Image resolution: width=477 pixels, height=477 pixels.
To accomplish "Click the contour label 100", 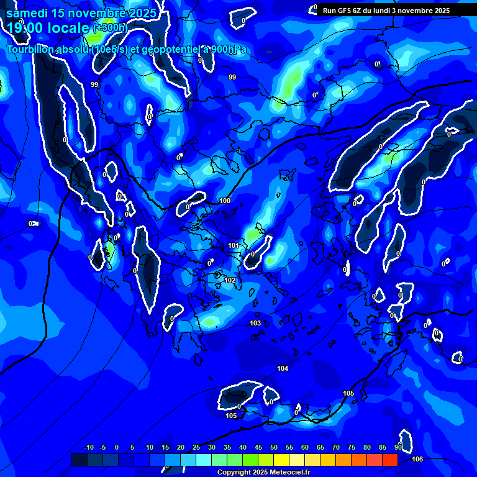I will click(x=225, y=201).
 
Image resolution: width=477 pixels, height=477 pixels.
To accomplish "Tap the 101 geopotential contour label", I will click(x=233, y=245).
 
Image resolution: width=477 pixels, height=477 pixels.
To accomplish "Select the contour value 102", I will click(x=230, y=280).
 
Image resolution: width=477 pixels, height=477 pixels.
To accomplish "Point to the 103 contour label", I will click(x=255, y=323).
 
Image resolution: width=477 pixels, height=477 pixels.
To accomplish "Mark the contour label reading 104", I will click(x=283, y=368).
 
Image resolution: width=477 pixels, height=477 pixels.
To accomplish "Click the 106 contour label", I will click(x=417, y=459).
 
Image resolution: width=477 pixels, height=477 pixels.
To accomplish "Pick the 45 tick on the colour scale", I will click(x=258, y=447).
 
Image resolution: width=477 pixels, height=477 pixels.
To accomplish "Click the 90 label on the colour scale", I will click(x=398, y=447).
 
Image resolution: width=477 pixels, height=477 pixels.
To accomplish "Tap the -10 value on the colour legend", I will click(x=88, y=447).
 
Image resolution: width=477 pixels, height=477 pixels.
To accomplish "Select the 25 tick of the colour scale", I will click(x=196, y=447).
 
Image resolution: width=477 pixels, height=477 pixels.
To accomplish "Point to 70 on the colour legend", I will click(x=335, y=447).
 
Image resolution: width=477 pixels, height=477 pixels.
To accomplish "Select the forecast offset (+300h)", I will click(x=110, y=28).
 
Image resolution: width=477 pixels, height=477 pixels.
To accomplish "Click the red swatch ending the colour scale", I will click(x=389, y=460).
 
